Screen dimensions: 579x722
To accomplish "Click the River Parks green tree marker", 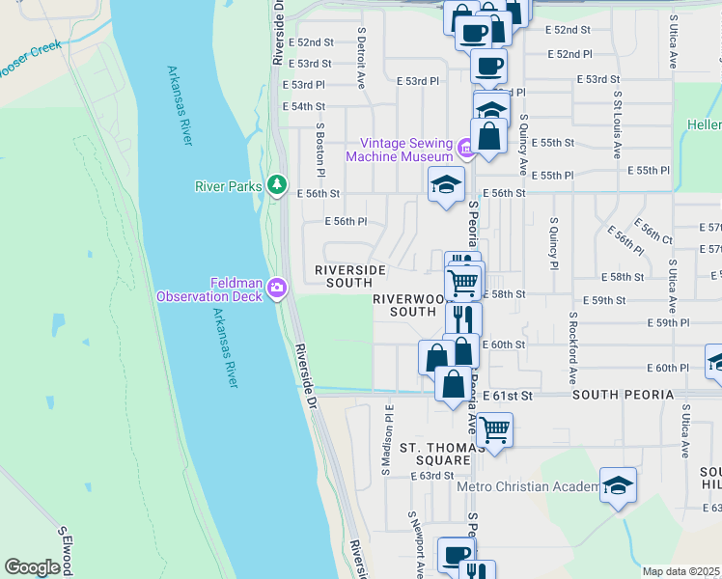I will coord(277,183).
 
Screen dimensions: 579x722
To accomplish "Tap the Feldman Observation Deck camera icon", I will coord(277,288).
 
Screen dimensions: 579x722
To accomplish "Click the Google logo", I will coord(32,567).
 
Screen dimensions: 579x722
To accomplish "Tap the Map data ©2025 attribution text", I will coord(680,571).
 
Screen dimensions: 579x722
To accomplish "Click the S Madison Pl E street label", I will coord(386,439).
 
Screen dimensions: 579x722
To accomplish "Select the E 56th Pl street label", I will coord(346,221).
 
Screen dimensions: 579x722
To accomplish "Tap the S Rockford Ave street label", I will coord(572,347).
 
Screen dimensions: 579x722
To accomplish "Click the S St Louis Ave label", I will coord(617,125).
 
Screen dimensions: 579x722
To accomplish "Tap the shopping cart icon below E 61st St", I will coord(494,430).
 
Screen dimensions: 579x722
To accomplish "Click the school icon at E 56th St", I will coord(446,185).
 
